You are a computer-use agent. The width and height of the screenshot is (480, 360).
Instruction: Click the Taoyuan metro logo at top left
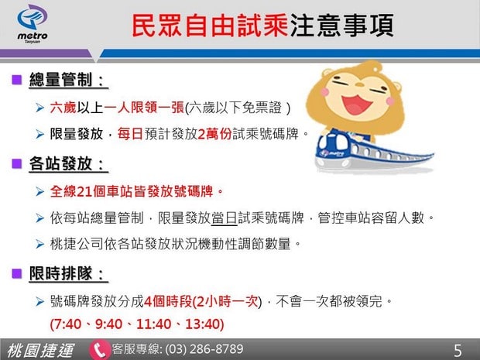[33, 24]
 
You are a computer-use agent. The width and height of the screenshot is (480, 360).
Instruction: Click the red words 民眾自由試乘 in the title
[210, 26]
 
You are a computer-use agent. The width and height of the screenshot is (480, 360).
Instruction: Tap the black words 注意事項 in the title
[341, 26]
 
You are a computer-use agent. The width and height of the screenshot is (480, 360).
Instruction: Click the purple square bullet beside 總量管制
[16, 80]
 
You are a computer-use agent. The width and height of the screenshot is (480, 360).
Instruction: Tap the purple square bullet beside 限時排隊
[16, 273]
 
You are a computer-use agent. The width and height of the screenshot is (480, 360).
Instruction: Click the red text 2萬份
[214, 134]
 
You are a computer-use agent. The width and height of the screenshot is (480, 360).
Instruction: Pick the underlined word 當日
[225, 218]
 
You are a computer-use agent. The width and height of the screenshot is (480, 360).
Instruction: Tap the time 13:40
[203, 324]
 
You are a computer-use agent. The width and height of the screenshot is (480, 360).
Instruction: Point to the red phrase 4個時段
[168, 301]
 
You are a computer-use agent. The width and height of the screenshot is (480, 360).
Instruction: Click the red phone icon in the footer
[99, 350]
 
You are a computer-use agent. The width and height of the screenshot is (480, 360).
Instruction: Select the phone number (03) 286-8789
[204, 349]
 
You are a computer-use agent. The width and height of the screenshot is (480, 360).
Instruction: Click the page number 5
[458, 351]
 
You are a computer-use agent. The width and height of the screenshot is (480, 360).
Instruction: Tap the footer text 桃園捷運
[40, 350]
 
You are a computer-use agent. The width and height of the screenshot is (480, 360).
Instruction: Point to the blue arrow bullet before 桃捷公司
[39, 245]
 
